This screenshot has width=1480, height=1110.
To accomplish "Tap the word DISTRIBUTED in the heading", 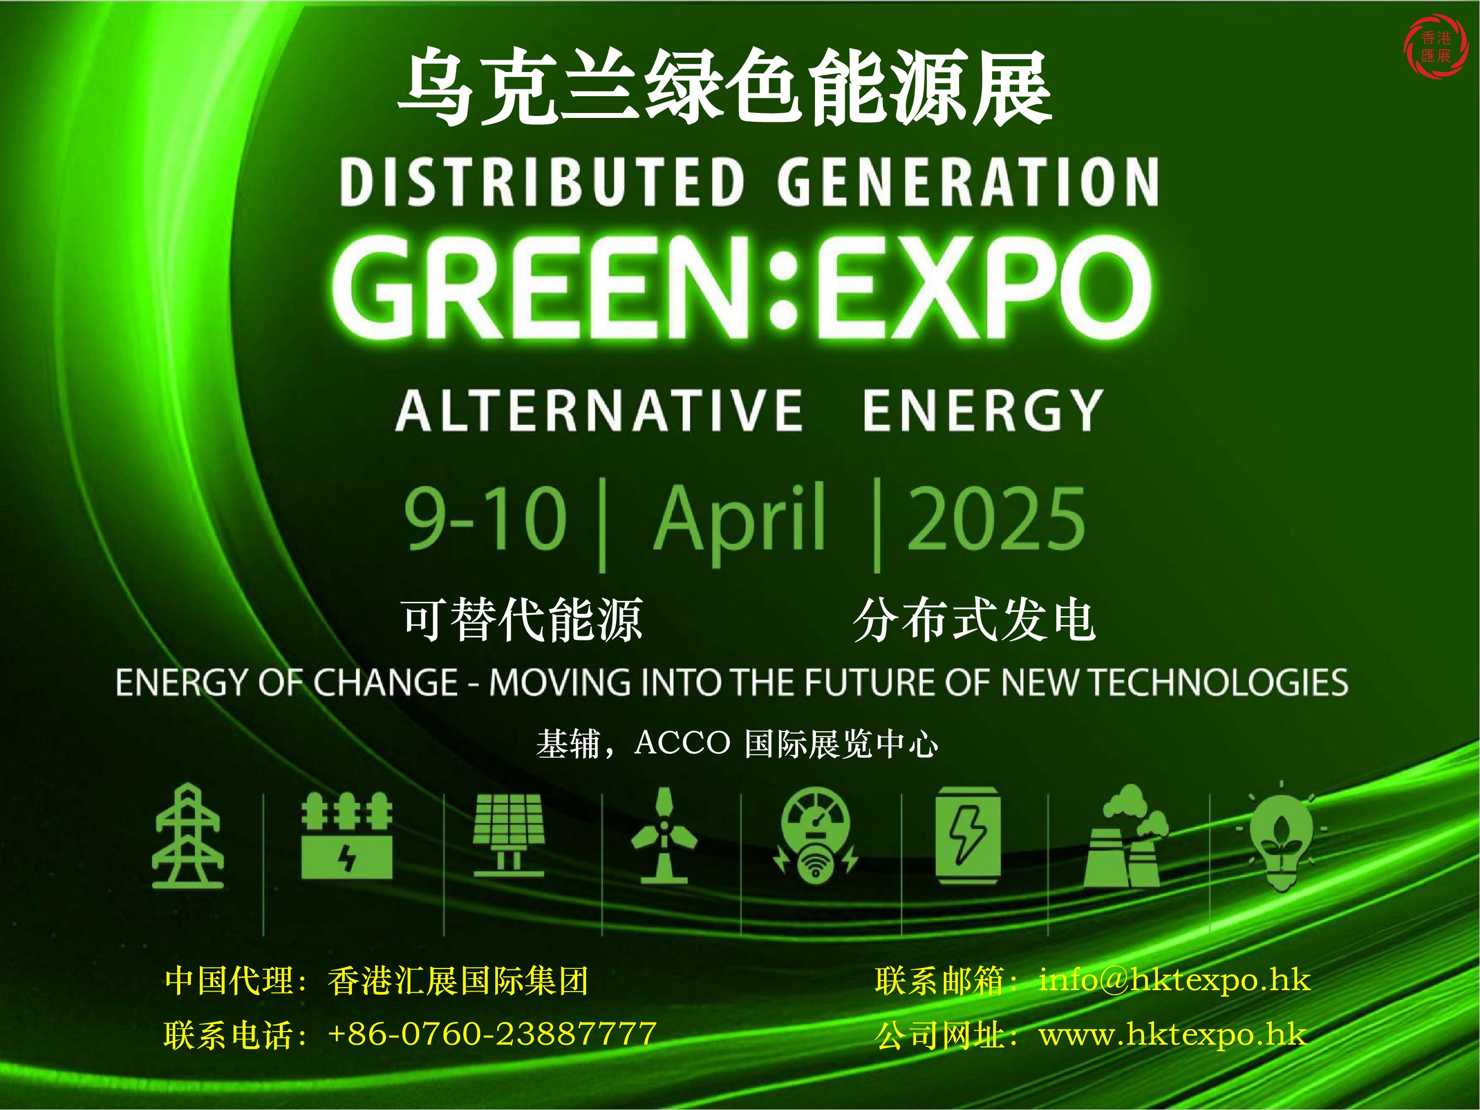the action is pyautogui.click(x=543, y=182).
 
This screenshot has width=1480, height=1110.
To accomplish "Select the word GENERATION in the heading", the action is pyautogui.click(x=968, y=182).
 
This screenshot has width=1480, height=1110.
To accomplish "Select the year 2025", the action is pyautogui.click(x=995, y=518).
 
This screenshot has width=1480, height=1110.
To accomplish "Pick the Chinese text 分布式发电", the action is pyautogui.click(x=974, y=620).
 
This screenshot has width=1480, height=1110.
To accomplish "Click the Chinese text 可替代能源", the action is pyautogui.click(x=522, y=620).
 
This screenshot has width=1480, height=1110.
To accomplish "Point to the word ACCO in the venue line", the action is pyautogui.click(x=682, y=742).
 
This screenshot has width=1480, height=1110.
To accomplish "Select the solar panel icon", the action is pyautogui.click(x=509, y=834).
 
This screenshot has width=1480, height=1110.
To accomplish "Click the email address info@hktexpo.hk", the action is pyautogui.click(x=1174, y=980).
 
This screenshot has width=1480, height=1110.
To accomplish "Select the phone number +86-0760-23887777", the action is pyautogui.click(x=492, y=1034).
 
